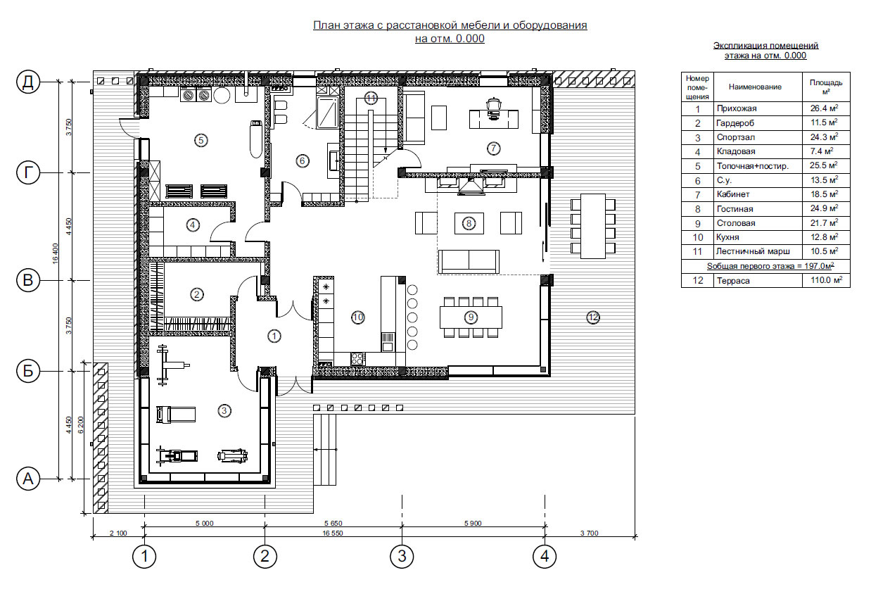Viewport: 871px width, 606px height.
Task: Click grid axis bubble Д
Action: click(28, 82)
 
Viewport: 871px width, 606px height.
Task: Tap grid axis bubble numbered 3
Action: click(402, 556)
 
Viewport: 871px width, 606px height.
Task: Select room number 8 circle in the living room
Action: click(469, 223)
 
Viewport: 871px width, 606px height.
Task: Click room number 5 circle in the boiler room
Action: click(201, 140)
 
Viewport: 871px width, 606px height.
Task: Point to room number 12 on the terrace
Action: click(593, 318)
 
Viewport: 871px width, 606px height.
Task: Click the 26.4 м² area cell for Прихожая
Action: click(825, 108)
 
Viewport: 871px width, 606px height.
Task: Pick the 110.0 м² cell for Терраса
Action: click(826, 280)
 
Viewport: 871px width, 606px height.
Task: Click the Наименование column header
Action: click(755, 87)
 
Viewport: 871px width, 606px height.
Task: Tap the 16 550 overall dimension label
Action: click(333, 533)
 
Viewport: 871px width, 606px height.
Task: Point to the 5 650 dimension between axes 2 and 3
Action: click(333, 523)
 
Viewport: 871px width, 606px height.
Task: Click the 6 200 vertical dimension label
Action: click(81, 425)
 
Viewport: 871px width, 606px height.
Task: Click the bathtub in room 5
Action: click(256, 139)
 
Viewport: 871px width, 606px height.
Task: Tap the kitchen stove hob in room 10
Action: click(357, 358)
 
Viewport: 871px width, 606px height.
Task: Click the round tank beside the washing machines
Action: click(222, 95)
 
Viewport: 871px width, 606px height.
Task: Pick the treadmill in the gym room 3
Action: click(176, 415)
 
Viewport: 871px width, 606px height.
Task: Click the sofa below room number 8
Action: click(469, 261)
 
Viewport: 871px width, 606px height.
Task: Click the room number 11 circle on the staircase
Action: click(371, 98)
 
